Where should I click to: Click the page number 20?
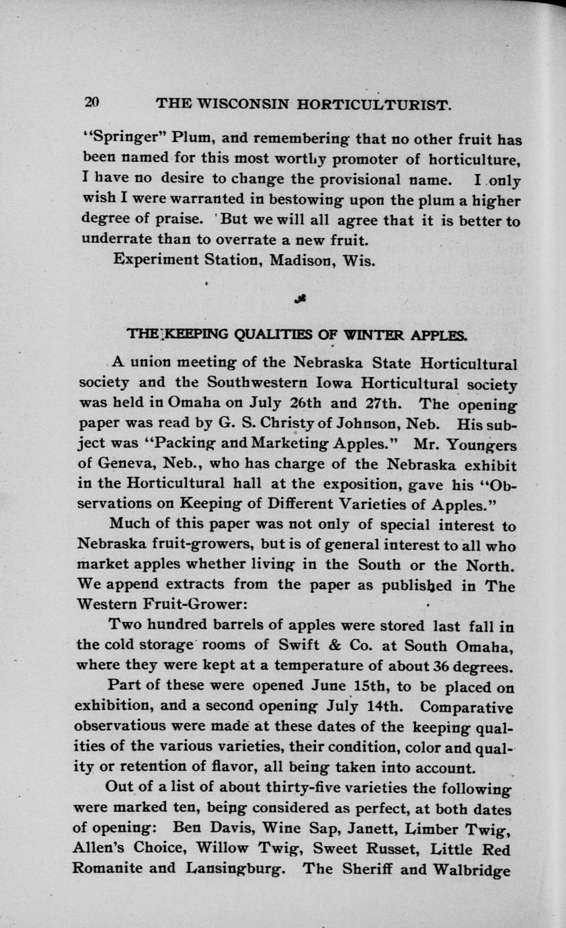91,103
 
